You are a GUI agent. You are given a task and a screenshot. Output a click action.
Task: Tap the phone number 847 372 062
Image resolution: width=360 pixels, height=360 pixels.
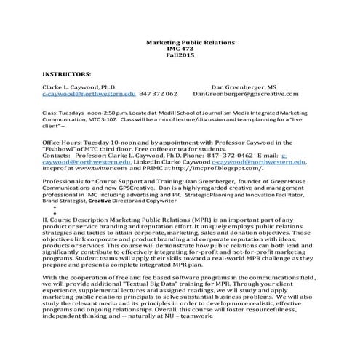(158, 95)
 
